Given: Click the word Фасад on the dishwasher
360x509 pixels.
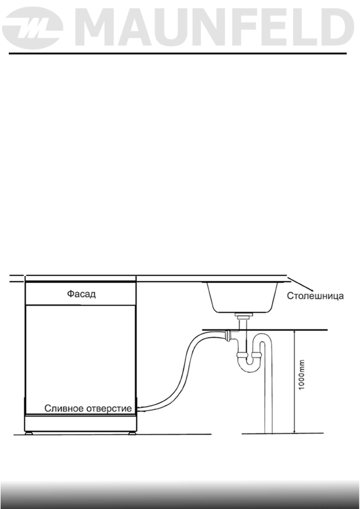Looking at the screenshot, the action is click(x=81, y=294).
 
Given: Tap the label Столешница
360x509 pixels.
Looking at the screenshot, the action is click(x=315, y=296).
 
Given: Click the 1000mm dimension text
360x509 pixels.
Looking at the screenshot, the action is click(x=302, y=374).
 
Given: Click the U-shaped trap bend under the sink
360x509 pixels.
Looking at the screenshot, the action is click(x=250, y=363).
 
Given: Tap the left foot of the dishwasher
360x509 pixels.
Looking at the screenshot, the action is click(x=29, y=433).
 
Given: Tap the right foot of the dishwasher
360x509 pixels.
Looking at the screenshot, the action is click(x=131, y=433).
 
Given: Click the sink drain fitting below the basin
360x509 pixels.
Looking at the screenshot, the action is click(x=242, y=316).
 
